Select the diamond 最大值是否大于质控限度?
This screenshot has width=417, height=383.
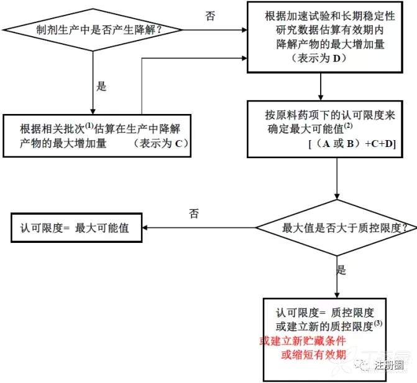[x=337, y=228]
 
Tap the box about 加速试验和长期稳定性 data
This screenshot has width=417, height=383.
[x=319, y=37]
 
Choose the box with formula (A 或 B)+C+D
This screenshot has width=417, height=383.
[x=337, y=126]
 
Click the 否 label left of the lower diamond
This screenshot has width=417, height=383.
[x=194, y=214]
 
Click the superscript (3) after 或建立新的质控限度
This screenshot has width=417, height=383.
[x=378, y=323]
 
